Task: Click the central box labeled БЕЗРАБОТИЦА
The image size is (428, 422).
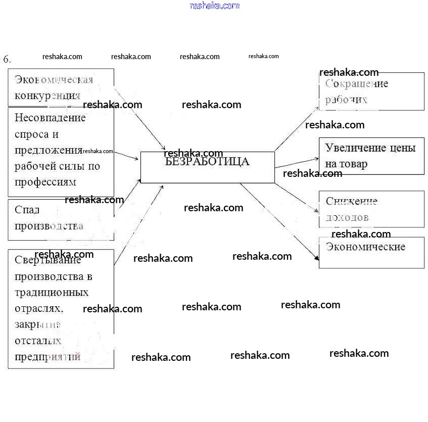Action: [207, 167]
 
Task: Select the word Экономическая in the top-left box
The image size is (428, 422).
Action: [54, 80]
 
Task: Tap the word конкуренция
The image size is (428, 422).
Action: [47, 96]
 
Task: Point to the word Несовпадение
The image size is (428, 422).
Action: [51, 118]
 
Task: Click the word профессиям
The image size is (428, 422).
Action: [45, 181]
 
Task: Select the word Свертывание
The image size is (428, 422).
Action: [48, 261]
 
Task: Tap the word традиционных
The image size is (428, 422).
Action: [52, 293]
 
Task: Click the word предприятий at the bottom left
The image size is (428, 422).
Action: [47, 357]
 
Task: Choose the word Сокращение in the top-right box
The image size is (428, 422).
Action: [357, 84]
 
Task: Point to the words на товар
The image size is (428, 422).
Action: [346, 164]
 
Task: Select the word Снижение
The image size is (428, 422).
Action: [352, 201]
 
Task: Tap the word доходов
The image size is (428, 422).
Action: [347, 217]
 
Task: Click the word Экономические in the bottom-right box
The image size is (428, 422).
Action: [365, 247]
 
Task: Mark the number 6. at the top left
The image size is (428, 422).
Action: [7, 59]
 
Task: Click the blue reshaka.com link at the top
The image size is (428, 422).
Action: [214, 6]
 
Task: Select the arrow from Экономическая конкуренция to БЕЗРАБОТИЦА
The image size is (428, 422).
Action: [140, 120]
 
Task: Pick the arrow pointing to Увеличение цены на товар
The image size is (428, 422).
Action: [297, 162]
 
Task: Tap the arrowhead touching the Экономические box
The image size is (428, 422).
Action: [316, 257]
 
